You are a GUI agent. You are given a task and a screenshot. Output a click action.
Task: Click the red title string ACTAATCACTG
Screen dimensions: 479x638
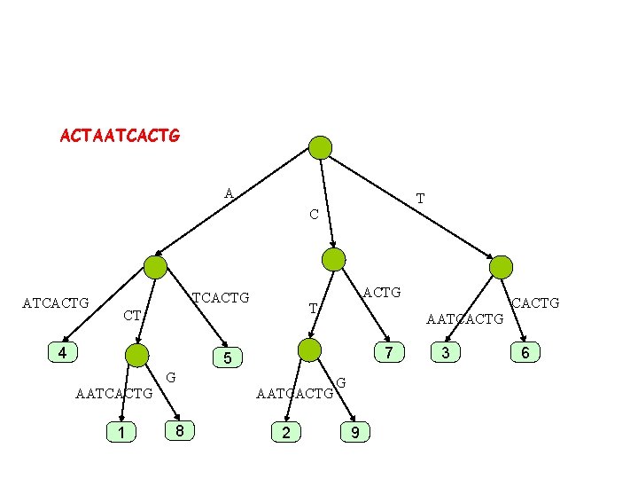tap(120, 137)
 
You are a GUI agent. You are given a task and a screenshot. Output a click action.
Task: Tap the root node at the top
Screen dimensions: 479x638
tap(320, 147)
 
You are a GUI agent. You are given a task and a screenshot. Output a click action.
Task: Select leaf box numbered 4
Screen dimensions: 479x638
tap(62, 352)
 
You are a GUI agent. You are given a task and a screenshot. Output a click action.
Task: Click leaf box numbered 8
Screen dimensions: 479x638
tap(180, 431)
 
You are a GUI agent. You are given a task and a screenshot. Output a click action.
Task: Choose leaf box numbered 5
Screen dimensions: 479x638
tap(227, 358)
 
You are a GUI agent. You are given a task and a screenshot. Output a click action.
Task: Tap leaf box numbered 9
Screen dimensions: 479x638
tap(355, 432)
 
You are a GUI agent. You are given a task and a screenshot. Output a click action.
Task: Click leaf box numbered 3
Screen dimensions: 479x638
tap(446, 352)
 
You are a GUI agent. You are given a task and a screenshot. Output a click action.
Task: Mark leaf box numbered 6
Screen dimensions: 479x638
tap(525, 352)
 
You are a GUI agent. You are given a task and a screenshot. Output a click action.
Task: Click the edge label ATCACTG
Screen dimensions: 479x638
tap(56, 303)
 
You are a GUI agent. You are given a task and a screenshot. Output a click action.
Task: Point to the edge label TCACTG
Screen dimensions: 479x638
tap(222, 297)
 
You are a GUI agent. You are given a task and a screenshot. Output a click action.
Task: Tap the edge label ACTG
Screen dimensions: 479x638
tap(382, 291)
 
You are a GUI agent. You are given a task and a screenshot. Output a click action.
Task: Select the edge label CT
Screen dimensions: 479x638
tap(133, 315)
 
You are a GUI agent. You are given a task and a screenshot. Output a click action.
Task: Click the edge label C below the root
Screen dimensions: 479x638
tap(314, 215)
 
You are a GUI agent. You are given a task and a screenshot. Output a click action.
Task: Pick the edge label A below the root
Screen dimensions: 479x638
tap(229, 193)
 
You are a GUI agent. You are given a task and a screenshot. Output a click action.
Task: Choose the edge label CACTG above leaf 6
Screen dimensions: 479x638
tap(535, 303)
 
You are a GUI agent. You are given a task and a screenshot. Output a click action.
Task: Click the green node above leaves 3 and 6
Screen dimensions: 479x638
tap(502, 267)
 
